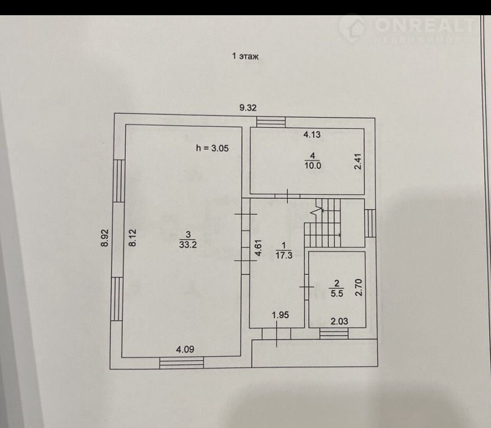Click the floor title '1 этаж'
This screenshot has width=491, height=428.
pos(245,57)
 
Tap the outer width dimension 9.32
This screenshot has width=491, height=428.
pos(248,108)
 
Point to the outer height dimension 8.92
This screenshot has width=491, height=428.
pos(104,238)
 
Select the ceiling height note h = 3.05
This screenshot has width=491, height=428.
pos(212,148)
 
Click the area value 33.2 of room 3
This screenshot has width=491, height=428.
pos(188,244)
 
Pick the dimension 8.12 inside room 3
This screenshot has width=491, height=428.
pos(133,237)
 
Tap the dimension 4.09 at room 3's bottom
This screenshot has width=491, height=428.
pos(185,349)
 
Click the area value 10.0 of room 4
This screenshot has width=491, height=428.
pos(312,165)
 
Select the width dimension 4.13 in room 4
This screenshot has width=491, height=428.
pos(312,134)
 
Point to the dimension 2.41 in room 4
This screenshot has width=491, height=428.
pos(358,162)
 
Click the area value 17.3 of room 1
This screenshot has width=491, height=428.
pos(283,256)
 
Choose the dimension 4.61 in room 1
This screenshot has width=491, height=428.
pos(258,248)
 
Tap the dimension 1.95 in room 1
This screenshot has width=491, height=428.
pos(280,315)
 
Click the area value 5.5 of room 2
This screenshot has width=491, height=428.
pos(337,294)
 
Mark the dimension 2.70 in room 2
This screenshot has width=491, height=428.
pos(359,287)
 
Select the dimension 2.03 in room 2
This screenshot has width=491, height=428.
pos(340,321)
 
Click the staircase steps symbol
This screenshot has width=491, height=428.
pos(322,223)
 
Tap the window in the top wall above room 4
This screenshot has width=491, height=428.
pos(271,122)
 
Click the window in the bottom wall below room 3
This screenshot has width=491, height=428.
pos(181,363)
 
